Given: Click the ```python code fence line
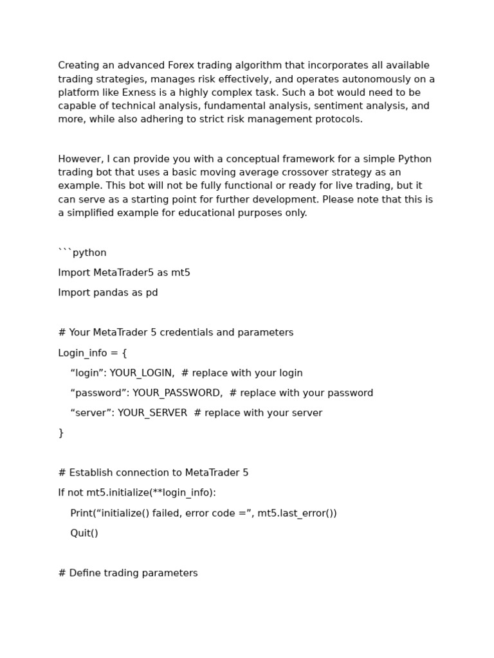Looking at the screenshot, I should pos(82,253).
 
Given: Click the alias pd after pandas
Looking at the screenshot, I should pos(151,293).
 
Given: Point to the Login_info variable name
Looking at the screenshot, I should pos(84,353).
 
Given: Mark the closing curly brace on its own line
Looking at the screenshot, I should pos(61,433).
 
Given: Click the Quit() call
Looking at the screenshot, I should pos(84,533).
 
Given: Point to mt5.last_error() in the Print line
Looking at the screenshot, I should pos(297,513).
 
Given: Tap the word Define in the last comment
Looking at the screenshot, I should pos(83,573).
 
